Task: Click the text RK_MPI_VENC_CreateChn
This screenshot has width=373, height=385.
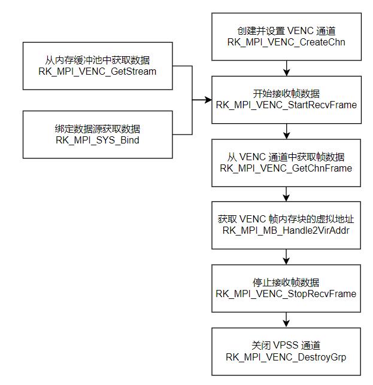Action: (x=286, y=42)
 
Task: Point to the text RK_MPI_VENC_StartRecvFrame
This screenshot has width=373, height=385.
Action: (x=286, y=105)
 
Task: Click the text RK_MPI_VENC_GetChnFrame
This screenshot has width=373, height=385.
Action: (x=286, y=169)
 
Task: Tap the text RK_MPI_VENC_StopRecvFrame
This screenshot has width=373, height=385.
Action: (x=286, y=294)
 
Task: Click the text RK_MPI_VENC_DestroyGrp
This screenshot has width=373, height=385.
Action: (x=286, y=357)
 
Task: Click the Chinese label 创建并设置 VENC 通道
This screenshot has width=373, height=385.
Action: (x=286, y=31)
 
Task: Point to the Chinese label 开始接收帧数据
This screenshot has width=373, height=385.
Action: (x=286, y=94)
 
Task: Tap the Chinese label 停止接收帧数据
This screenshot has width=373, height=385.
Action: (x=286, y=283)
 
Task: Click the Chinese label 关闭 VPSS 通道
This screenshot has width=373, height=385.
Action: (x=286, y=346)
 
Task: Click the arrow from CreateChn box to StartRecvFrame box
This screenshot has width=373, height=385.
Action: (x=286, y=68)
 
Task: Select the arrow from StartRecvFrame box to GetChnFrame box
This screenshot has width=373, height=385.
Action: (x=286, y=130)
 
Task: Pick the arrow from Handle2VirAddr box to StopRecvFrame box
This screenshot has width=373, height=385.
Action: (x=286, y=256)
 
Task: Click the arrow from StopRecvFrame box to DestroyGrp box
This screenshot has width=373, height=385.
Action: (x=286, y=319)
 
